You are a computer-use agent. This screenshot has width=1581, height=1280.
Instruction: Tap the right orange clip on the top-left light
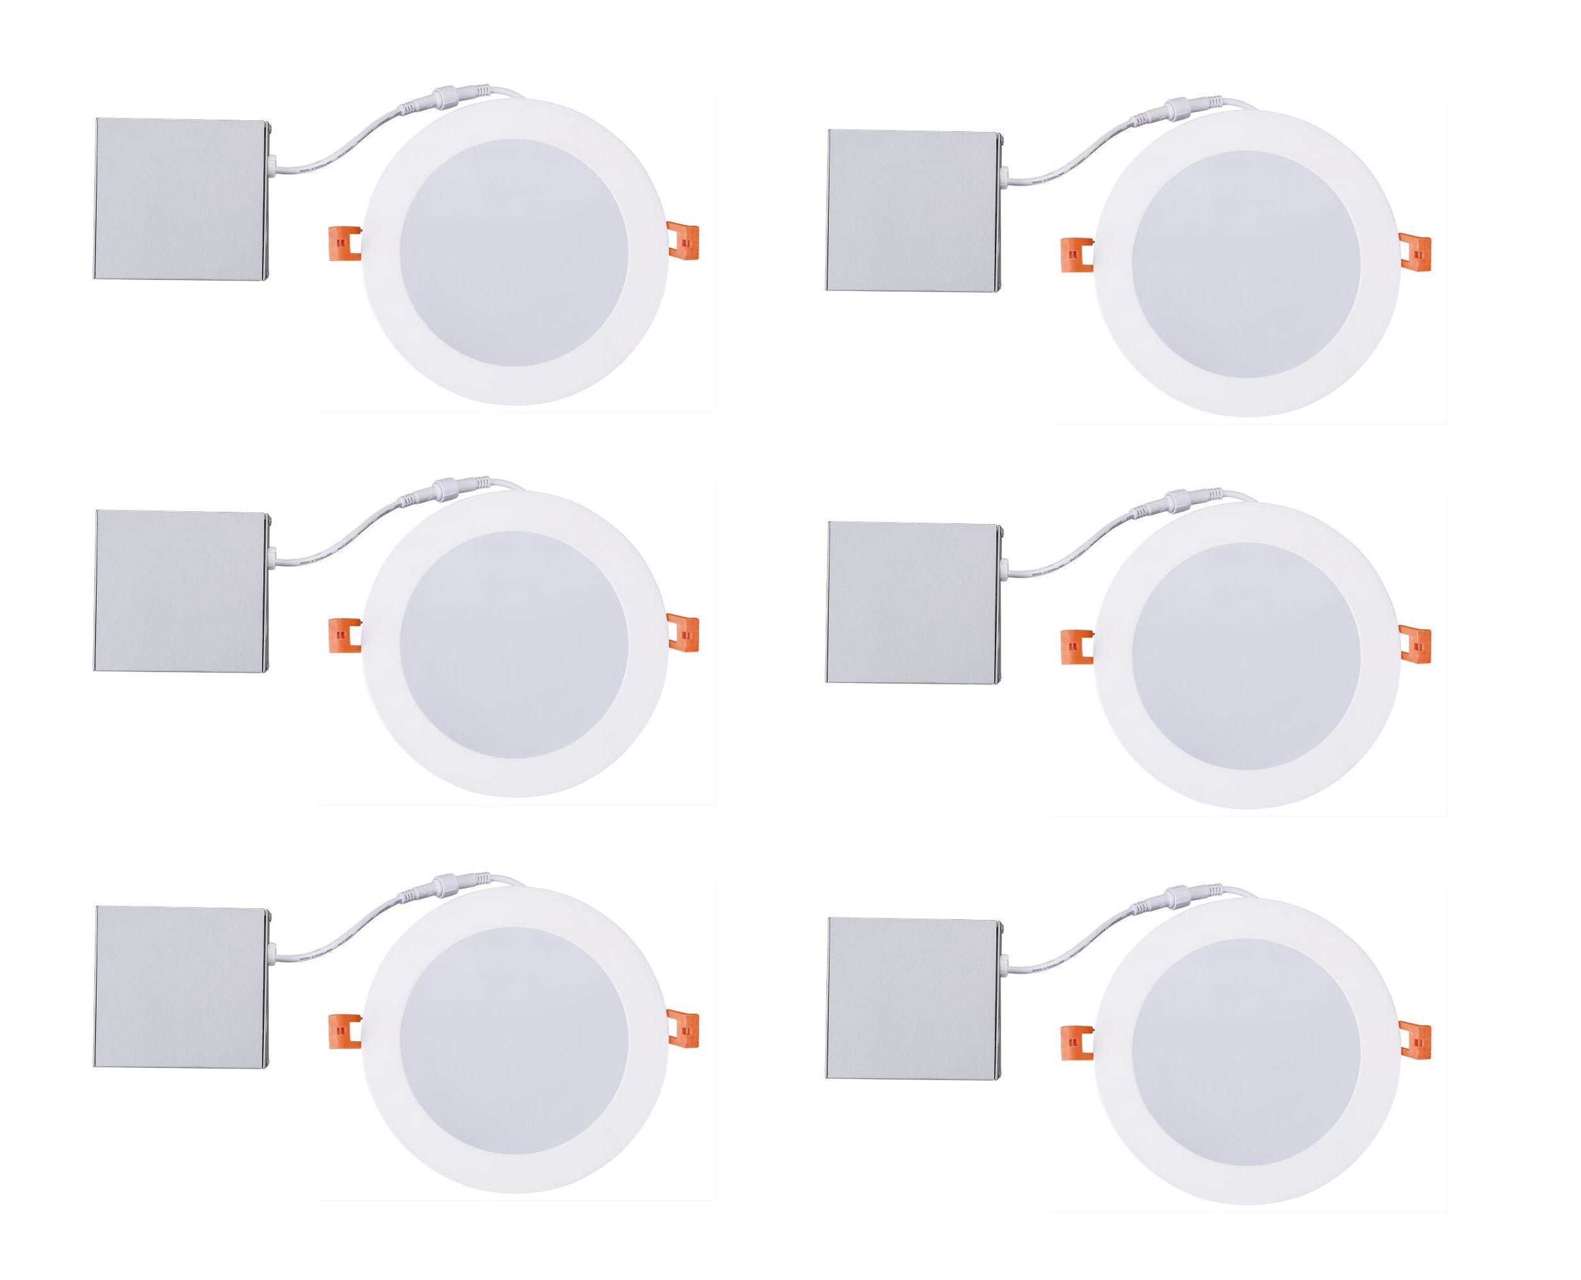tap(682, 240)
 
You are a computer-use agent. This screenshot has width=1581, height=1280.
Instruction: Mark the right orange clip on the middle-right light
tap(1414, 643)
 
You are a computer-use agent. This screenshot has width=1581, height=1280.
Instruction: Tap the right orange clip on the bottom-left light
tap(682, 1026)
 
